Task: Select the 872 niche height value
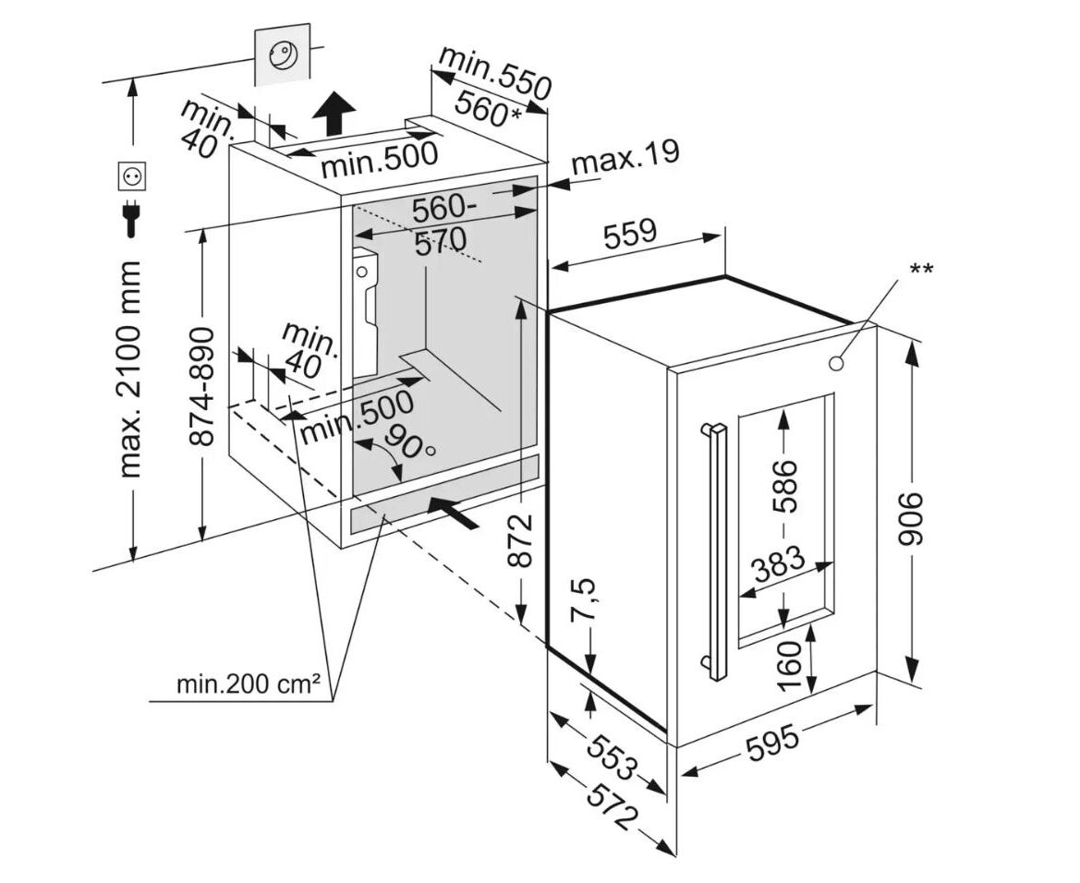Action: click(x=523, y=540)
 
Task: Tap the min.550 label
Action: click(x=493, y=70)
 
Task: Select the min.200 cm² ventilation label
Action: click(x=249, y=684)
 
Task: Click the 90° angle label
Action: click(x=407, y=443)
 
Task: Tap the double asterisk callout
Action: click(x=921, y=270)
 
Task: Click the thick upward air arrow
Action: click(x=334, y=114)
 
